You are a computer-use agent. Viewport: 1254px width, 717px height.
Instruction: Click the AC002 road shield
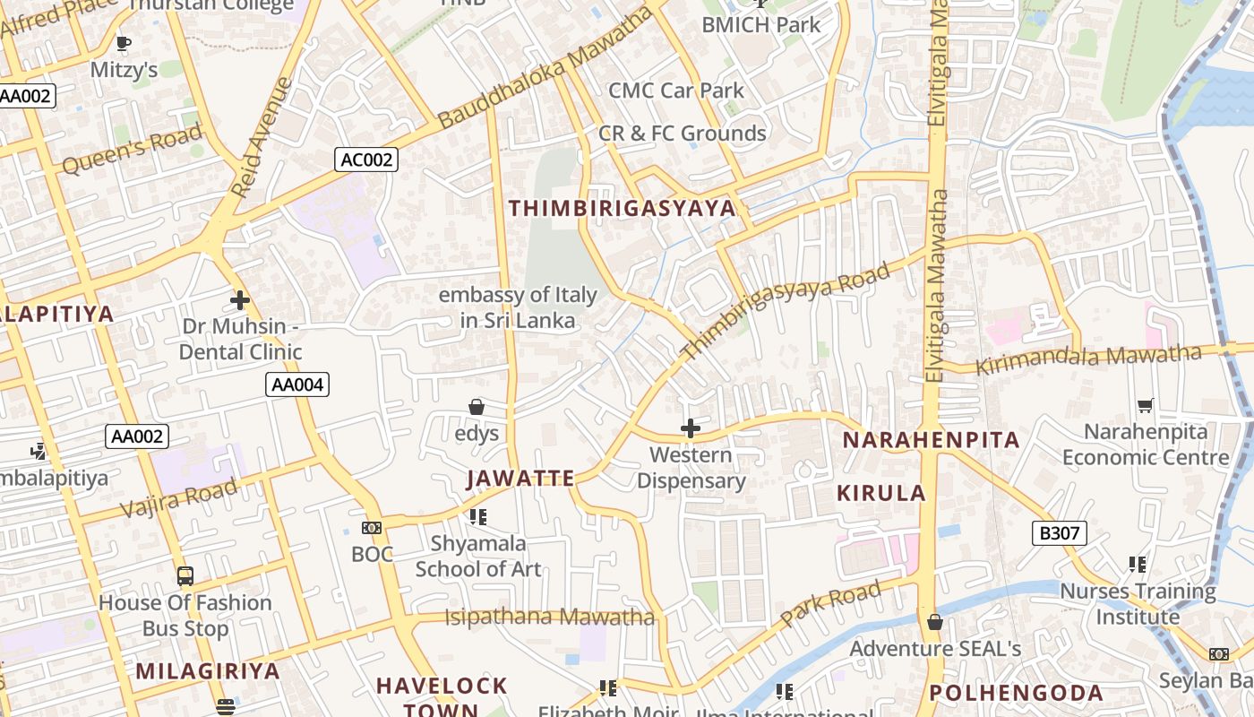(x=367, y=160)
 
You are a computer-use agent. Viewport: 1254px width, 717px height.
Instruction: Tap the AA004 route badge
(x=298, y=385)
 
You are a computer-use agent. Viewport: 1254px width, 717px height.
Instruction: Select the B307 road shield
(x=1059, y=533)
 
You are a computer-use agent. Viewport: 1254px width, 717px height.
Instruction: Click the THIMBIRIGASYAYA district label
(x=622, y=209)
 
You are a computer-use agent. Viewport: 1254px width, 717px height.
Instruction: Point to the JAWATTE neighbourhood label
(x=520, y=479)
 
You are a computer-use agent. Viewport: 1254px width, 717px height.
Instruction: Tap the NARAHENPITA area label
(x=931, y=440)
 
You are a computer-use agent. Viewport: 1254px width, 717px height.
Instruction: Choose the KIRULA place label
(x=881, y=493)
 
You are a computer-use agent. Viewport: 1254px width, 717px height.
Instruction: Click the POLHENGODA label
(x=1016, y=693)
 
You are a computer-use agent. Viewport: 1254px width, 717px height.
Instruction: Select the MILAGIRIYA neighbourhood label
(x=208, y=670)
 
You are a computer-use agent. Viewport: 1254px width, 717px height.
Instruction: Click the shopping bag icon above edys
(x=477, y=408)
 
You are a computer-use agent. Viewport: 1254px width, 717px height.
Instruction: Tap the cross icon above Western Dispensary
(x=690, y=428)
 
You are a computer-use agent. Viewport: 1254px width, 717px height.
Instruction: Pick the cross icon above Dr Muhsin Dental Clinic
(x=239, y=300)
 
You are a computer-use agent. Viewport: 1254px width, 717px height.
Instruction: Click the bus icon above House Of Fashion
(x=185, y=576)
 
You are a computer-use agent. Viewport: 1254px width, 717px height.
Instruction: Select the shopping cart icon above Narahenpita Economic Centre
(x=1145, y=406)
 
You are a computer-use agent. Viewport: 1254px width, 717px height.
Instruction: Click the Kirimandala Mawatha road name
(x=1087, y=358)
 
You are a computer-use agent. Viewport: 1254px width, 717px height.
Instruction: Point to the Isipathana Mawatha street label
(x=550, y=617)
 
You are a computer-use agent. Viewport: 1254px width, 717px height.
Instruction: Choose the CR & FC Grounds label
(x=682, y=134)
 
